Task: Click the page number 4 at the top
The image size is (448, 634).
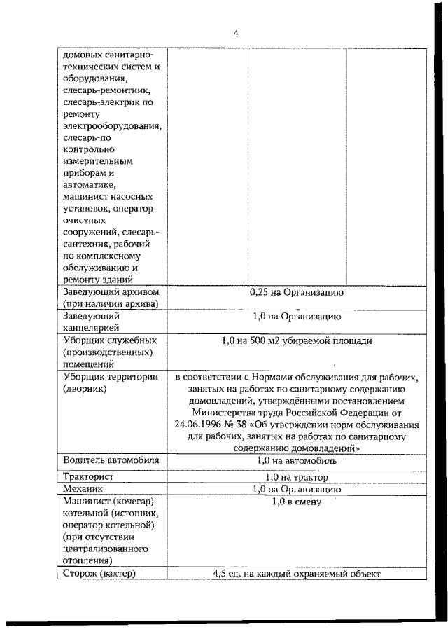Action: (236, 33)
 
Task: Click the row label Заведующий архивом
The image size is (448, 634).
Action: (112, 292)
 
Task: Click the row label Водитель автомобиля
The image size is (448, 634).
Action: (111, 460)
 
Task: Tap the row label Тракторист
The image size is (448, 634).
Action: (87, 476)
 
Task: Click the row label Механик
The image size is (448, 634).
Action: (83, 489)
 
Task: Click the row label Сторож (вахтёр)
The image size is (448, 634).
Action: (99, 574)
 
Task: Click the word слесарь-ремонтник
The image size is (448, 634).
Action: (104, 91)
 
